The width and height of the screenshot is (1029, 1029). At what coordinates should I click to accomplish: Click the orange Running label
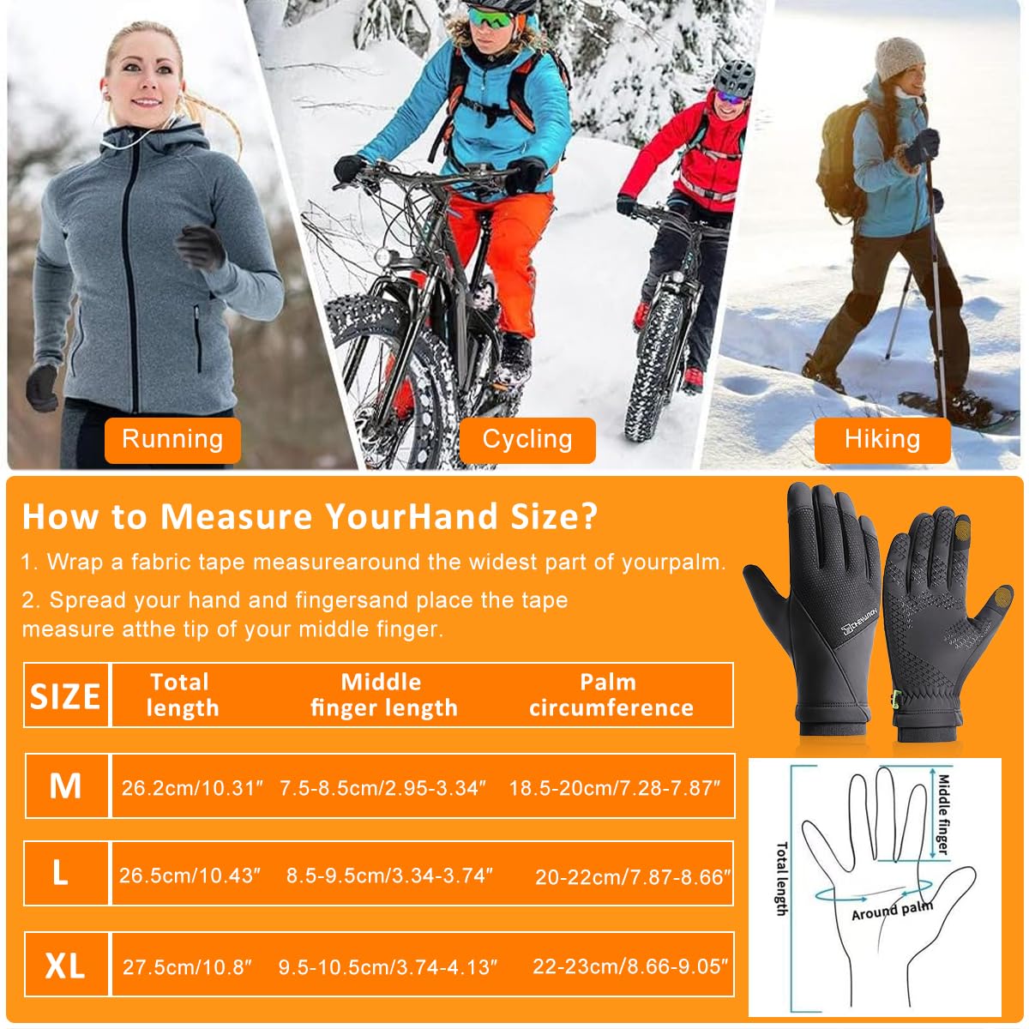[172, 439]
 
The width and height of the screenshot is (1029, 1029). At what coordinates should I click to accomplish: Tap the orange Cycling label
[527, 439]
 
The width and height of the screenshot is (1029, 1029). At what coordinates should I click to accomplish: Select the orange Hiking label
[882, 439]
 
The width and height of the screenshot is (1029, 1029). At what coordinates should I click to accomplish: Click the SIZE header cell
[66, 695]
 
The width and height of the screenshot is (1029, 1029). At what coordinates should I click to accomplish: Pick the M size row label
[66, 785]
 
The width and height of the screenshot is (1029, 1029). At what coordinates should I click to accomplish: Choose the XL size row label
[66, 966]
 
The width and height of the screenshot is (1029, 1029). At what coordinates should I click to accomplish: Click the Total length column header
[181, 695]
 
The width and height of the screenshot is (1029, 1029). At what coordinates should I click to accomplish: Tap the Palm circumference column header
[611, 695]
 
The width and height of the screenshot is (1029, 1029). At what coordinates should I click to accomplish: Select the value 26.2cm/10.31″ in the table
[192, 787]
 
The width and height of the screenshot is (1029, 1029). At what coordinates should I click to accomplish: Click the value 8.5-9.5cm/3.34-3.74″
[389, 876]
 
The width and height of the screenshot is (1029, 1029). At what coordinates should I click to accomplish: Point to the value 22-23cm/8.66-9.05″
[630, 966]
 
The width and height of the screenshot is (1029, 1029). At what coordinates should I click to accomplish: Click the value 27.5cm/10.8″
[187, 967]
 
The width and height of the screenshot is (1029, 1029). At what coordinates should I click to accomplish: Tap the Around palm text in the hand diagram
[892, 911]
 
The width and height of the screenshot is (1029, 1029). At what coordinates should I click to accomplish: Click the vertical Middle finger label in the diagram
[943, 815]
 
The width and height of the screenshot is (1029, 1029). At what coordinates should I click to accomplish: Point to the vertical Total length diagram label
[781, 878]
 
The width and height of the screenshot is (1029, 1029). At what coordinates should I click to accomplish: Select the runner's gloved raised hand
[201, 248]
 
